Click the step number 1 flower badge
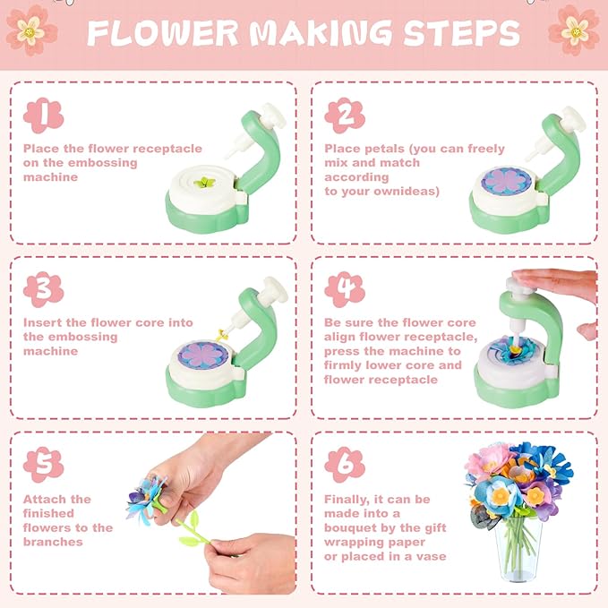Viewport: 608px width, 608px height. pyautogui.click(x=42, y=116)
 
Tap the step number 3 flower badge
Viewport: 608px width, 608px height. pyautogui.click(x=42, y=290)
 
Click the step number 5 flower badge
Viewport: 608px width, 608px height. pyautogui.click(x=42, y=465)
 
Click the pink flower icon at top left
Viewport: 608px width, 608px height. pyautogui.click(x=30, y=28)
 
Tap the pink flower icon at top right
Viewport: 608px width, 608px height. pyautogui.click(x=574, y=28)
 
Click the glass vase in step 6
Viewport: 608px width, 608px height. pyautogui.click(x=518, y=555)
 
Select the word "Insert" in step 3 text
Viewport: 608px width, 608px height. pyautogui.click(x=43, y=322)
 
